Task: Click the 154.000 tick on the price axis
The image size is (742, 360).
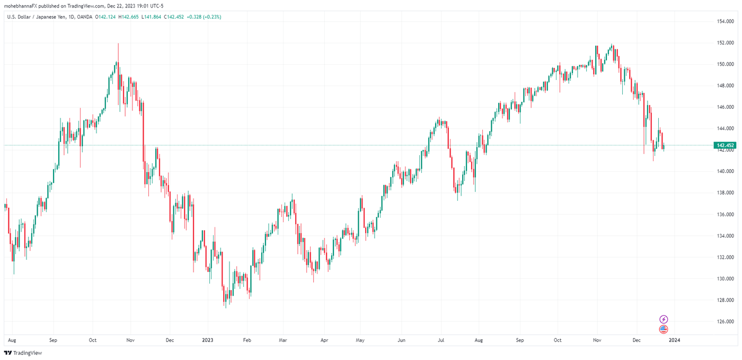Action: tap(725, 21)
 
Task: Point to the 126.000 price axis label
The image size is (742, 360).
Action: tap(725, 321)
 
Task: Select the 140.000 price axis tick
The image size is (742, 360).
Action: tap(725, 171)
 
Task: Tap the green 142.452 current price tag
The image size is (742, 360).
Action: tap(725, 145)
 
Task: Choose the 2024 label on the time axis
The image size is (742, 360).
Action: tap(674, 340)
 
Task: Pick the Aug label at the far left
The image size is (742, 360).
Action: tap(12, 340)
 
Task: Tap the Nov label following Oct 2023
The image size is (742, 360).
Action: tap(597, 340)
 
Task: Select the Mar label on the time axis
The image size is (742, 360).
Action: tap(283, 340)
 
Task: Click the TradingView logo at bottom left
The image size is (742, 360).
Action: tap(23, 353)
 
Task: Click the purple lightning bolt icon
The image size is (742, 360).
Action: tap(664, 319)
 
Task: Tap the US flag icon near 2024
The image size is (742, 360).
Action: tap(664, 329)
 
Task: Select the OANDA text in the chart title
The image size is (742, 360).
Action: tap(85, 17)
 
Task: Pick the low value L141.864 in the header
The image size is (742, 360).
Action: tap(153, 17)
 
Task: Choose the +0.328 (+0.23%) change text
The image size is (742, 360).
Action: tap(204, 17)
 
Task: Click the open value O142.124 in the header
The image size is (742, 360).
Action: tap(108, 17)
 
